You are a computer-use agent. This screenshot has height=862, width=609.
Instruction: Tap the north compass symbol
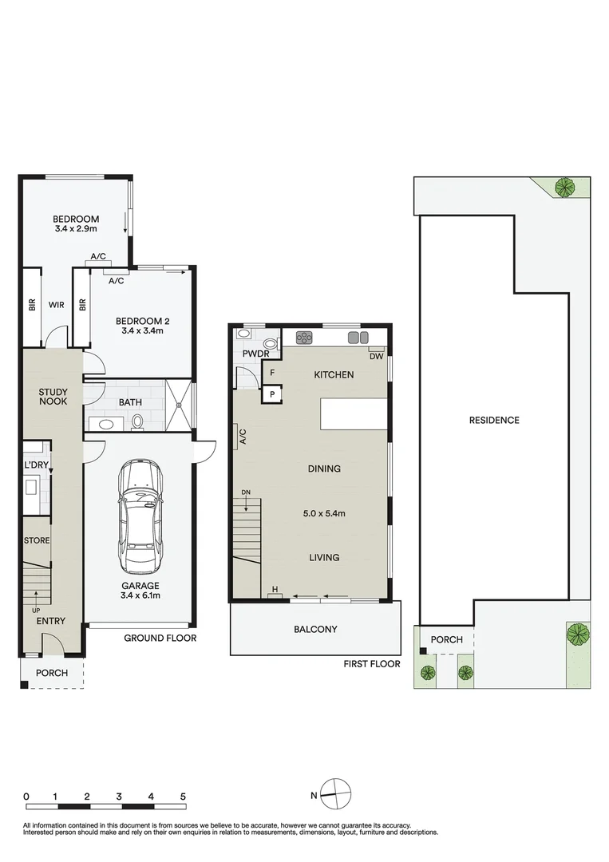tap(336, 793)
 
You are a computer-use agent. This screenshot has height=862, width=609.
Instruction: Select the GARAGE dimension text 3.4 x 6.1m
tap(140, 595)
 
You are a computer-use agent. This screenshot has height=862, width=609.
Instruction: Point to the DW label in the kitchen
tap(377, 357)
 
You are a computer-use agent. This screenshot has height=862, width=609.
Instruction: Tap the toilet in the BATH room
tap(136, 421)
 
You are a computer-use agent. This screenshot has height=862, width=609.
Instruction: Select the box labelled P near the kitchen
tap(272, 394)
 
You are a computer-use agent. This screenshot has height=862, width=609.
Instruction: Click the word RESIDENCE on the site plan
tap(494, 420)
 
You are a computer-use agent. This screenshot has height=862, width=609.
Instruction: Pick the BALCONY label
tap(315, 629)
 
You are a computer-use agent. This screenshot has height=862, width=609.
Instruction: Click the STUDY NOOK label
tap(53, 397)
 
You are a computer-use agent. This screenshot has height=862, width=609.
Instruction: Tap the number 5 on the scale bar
tap(183, 797)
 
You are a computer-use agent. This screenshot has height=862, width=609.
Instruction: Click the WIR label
tap(57, 304)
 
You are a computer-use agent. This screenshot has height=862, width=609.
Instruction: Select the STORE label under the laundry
tap(37, 540)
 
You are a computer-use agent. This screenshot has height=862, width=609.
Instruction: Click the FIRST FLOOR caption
tap(371, 664)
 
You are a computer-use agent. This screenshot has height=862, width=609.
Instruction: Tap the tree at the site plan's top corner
tap(565, 188)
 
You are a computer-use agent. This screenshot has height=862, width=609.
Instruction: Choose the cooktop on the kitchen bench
tap(305, 337)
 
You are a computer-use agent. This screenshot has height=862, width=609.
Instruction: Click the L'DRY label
tap(36, 465)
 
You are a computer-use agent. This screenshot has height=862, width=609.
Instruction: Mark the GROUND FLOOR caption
tap(160, 638)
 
